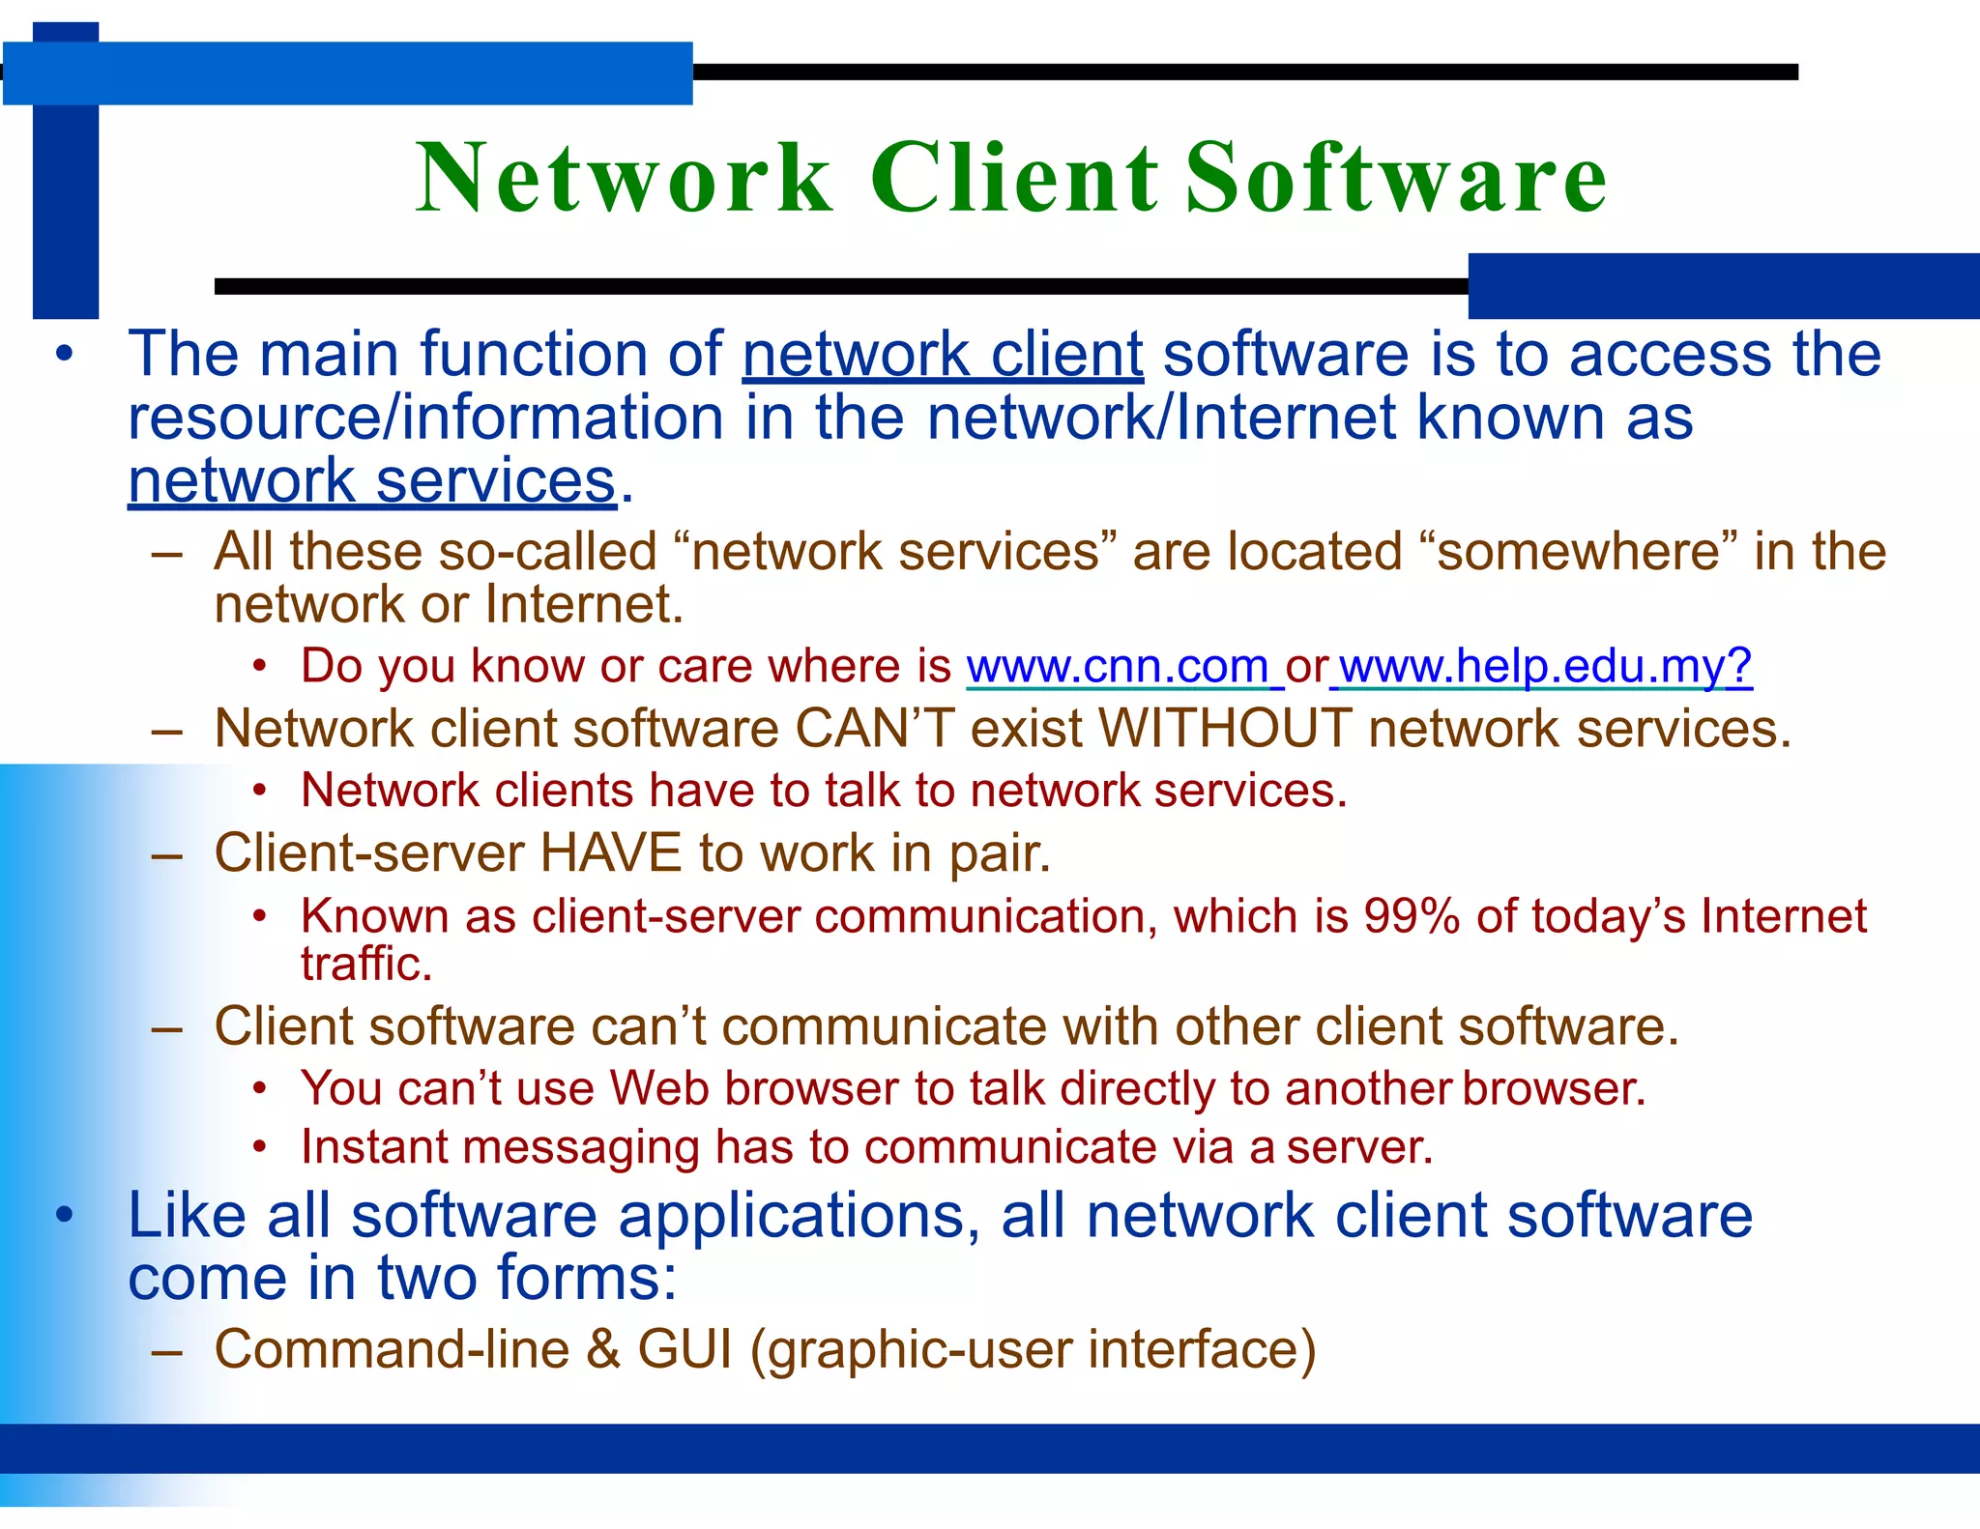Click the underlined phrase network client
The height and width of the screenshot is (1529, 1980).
coord(943,354)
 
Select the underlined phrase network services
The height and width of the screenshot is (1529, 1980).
coord(372,480)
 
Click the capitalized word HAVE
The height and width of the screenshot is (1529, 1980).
coord(610,853)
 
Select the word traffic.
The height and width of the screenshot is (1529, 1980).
coord(365,964)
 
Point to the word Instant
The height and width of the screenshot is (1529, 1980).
coord(373,1147)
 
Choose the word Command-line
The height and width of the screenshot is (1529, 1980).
coord(392,1349)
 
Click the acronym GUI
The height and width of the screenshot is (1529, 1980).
coord(684,1349)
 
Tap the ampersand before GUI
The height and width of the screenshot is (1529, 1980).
coord(603,1349)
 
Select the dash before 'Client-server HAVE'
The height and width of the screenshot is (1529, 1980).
coord(167,855)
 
